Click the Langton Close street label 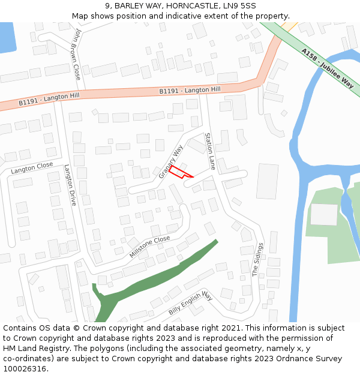[x=32, y=168]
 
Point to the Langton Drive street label [x=70, y=185]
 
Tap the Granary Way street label [x=171, y=161]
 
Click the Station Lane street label [x=209, y=151]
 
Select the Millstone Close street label [x=150, y=247]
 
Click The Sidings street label [x=257, y=259]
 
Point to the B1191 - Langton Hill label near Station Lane [x=190, y=90]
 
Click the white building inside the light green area [x=324, y=214]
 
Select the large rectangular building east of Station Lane [x=267, y=181]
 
